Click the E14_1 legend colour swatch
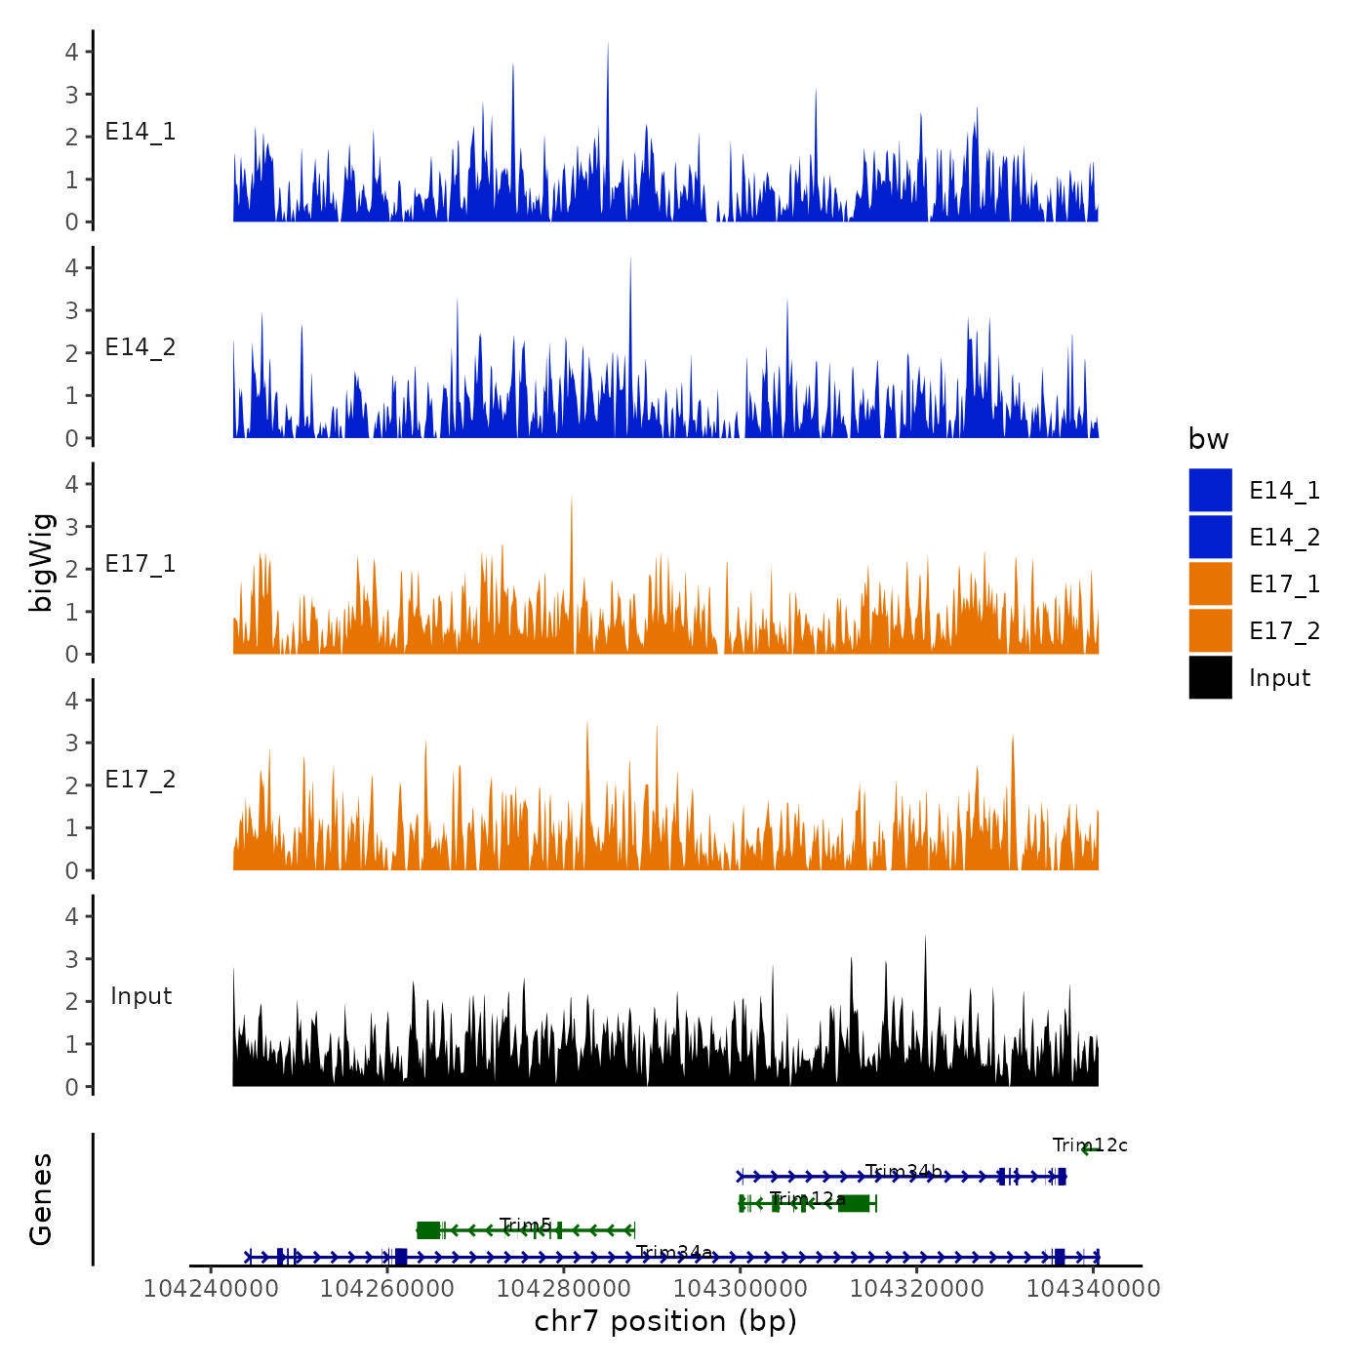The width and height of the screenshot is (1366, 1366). [1210, 490]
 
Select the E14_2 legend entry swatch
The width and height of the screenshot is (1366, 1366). [1210, 537]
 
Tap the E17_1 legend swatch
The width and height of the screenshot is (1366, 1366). [1210, 583]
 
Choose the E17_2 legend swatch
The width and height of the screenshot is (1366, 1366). [1210, 630]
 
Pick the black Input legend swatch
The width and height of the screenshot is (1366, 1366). [1210, 677]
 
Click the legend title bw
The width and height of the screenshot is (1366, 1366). [1208, 440]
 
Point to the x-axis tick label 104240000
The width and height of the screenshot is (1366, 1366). [211, 1289]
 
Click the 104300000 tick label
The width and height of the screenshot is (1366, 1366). [741, 1289]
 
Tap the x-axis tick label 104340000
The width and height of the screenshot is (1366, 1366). [1094, 1289]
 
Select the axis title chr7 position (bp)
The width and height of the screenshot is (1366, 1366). [665, 1322]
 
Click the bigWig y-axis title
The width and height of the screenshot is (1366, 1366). [41, 562]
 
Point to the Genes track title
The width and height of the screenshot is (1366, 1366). [41, 1199]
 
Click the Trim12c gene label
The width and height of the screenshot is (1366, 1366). [1090, 1145]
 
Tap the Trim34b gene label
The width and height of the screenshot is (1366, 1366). [904, 1171]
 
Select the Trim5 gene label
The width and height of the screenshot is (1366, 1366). [525, 1225]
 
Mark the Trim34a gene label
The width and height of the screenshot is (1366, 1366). [673, 1252]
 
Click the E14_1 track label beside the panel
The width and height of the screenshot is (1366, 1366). [141, 132]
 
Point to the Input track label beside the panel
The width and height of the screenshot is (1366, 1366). [141, 996]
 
